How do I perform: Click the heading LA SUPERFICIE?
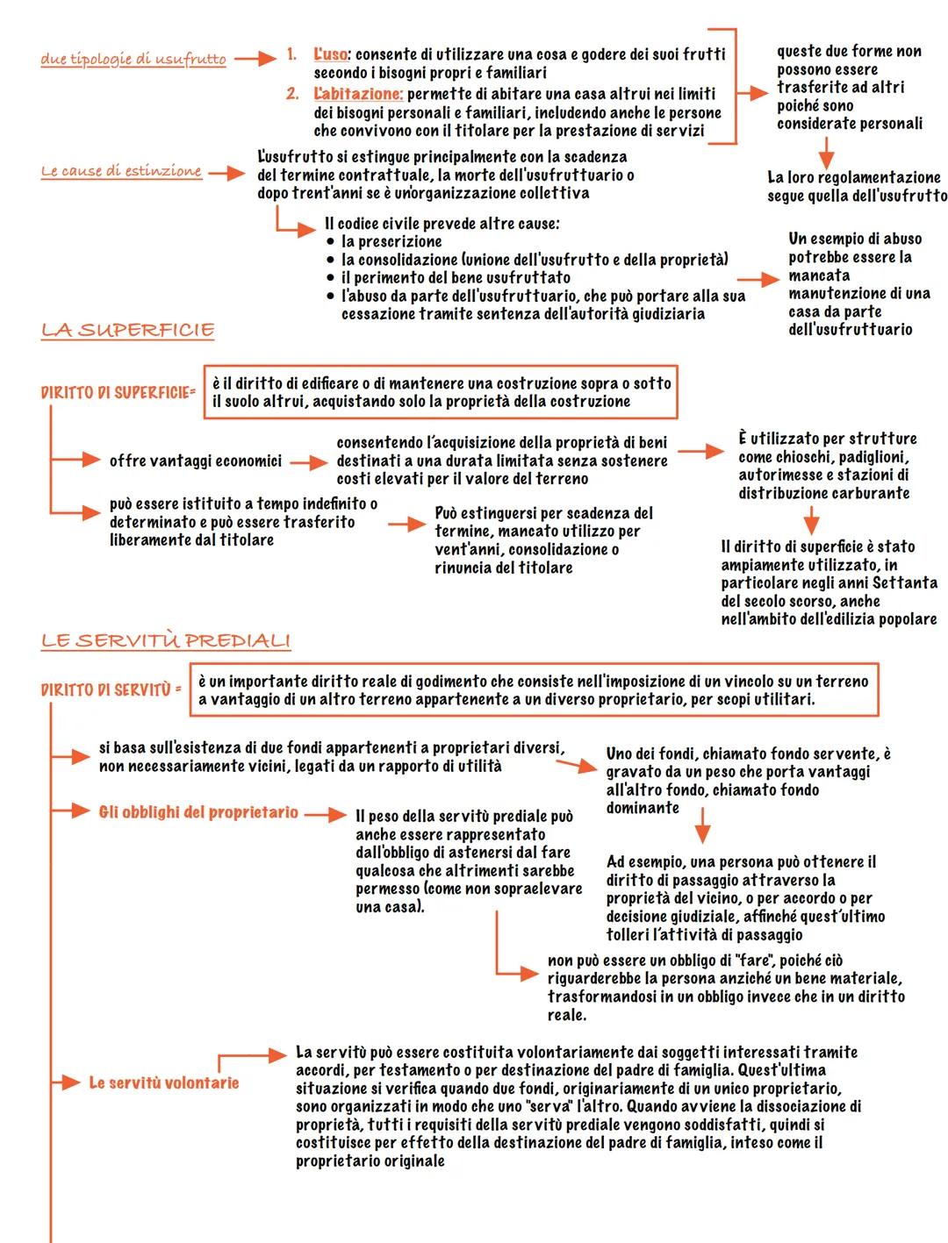point(127,330)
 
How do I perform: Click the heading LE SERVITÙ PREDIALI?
point(165,640)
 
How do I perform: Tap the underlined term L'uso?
point(330,54)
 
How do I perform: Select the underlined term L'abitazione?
point(358,93)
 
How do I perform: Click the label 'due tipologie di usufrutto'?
point(133,59)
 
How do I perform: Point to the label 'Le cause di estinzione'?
point(121,171)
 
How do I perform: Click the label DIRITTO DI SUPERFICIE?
point(118,392)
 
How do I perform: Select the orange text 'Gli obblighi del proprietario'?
point(198,812)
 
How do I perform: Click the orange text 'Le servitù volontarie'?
point(163,1082)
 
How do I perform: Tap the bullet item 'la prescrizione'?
point(391,241)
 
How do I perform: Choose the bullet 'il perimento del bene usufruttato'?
point(456,277)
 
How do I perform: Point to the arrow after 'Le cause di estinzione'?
point(226,174)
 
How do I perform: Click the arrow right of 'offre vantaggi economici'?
point(308,461)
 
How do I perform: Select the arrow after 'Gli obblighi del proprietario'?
point(326,814)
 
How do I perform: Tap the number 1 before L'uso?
point(291,54)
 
